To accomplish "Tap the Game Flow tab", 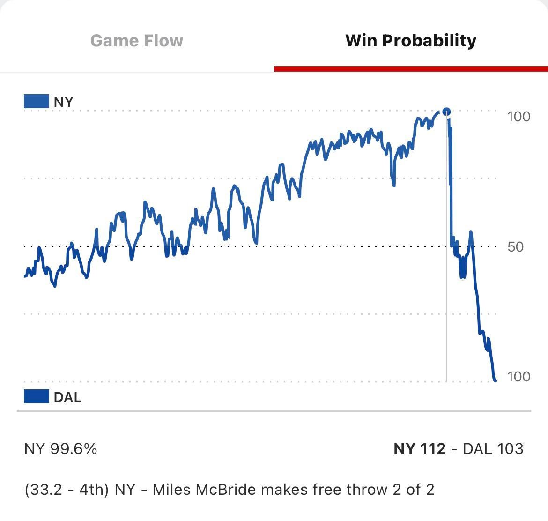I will [137, 41].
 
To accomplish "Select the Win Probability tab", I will [411, 41].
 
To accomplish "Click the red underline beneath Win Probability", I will [411, 69].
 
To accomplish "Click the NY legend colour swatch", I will [37, 102].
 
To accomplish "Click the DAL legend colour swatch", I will [37, 396].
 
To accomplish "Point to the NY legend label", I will [64, 102].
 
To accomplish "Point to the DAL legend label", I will [67, 397].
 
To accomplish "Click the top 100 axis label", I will [518, 116].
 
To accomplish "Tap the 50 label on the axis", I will [515, 246].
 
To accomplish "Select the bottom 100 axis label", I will [518, 376].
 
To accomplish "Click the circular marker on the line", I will [446, 112].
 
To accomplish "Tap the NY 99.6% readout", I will [61, 449].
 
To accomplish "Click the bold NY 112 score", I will [420, 449].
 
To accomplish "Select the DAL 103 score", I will [493, 449].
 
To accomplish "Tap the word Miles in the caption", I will [170, 490].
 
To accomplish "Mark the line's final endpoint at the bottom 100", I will [495, 380].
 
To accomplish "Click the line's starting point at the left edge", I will [25, 276].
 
